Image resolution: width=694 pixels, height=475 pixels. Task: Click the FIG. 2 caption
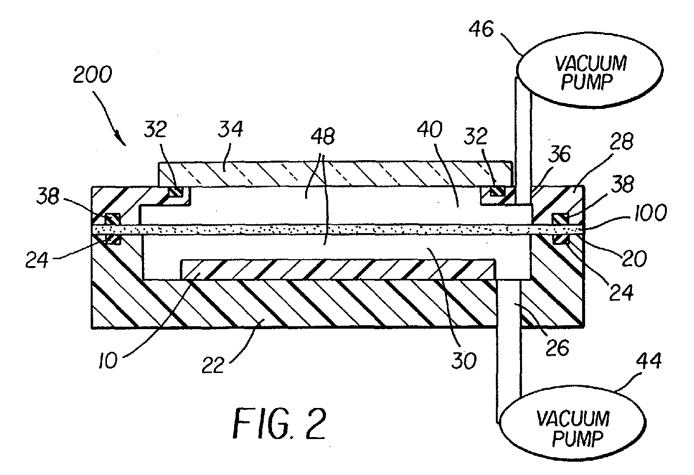(279, 423)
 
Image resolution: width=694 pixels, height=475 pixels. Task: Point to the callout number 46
(481, 30)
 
